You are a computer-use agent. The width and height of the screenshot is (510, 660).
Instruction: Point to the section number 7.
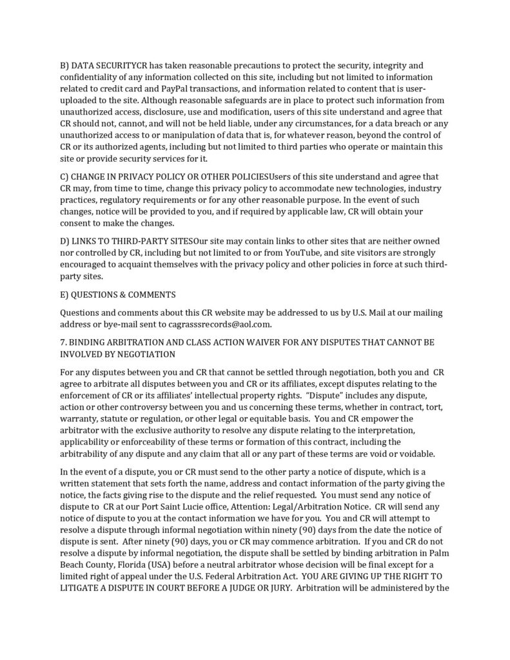63,342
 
